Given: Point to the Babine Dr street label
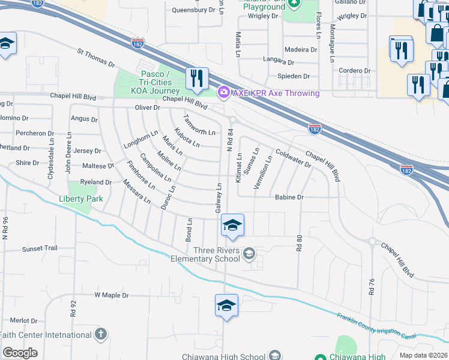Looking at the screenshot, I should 290,197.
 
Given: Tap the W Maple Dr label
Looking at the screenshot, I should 112,295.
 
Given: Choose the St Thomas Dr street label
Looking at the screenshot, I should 95,58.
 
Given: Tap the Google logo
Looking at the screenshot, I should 20,353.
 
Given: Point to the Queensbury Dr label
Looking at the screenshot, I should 193,10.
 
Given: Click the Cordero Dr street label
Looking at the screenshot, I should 354,70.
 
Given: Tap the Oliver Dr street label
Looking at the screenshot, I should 148,108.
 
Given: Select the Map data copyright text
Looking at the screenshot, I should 423,355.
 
